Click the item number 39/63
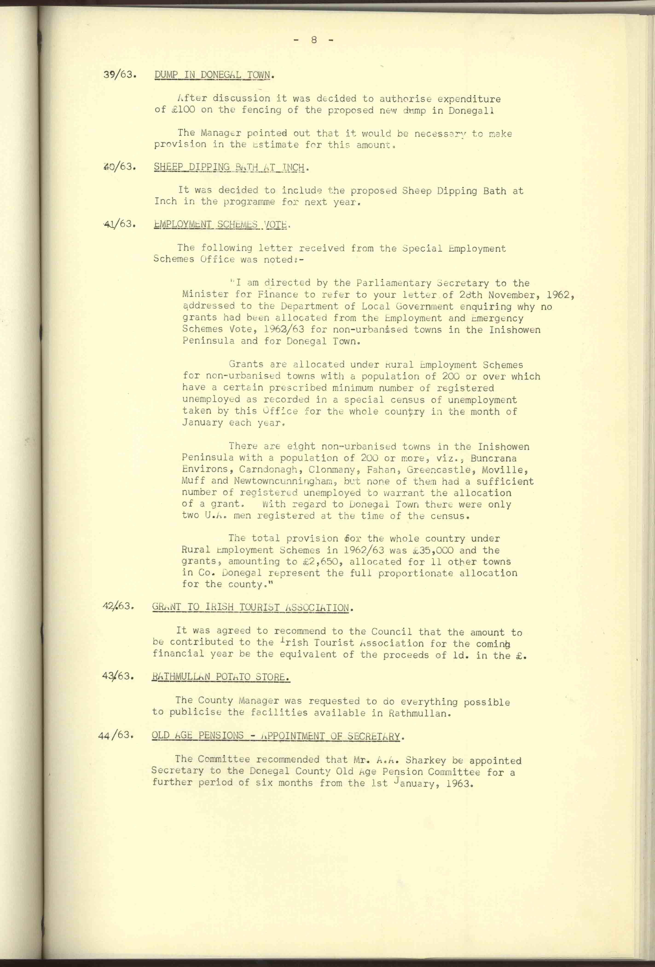click(x=120, y=75)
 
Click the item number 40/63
click(x=120, y=167)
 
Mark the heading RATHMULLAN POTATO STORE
click(x=221, y=677)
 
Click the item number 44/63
click(x=115, y=735)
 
